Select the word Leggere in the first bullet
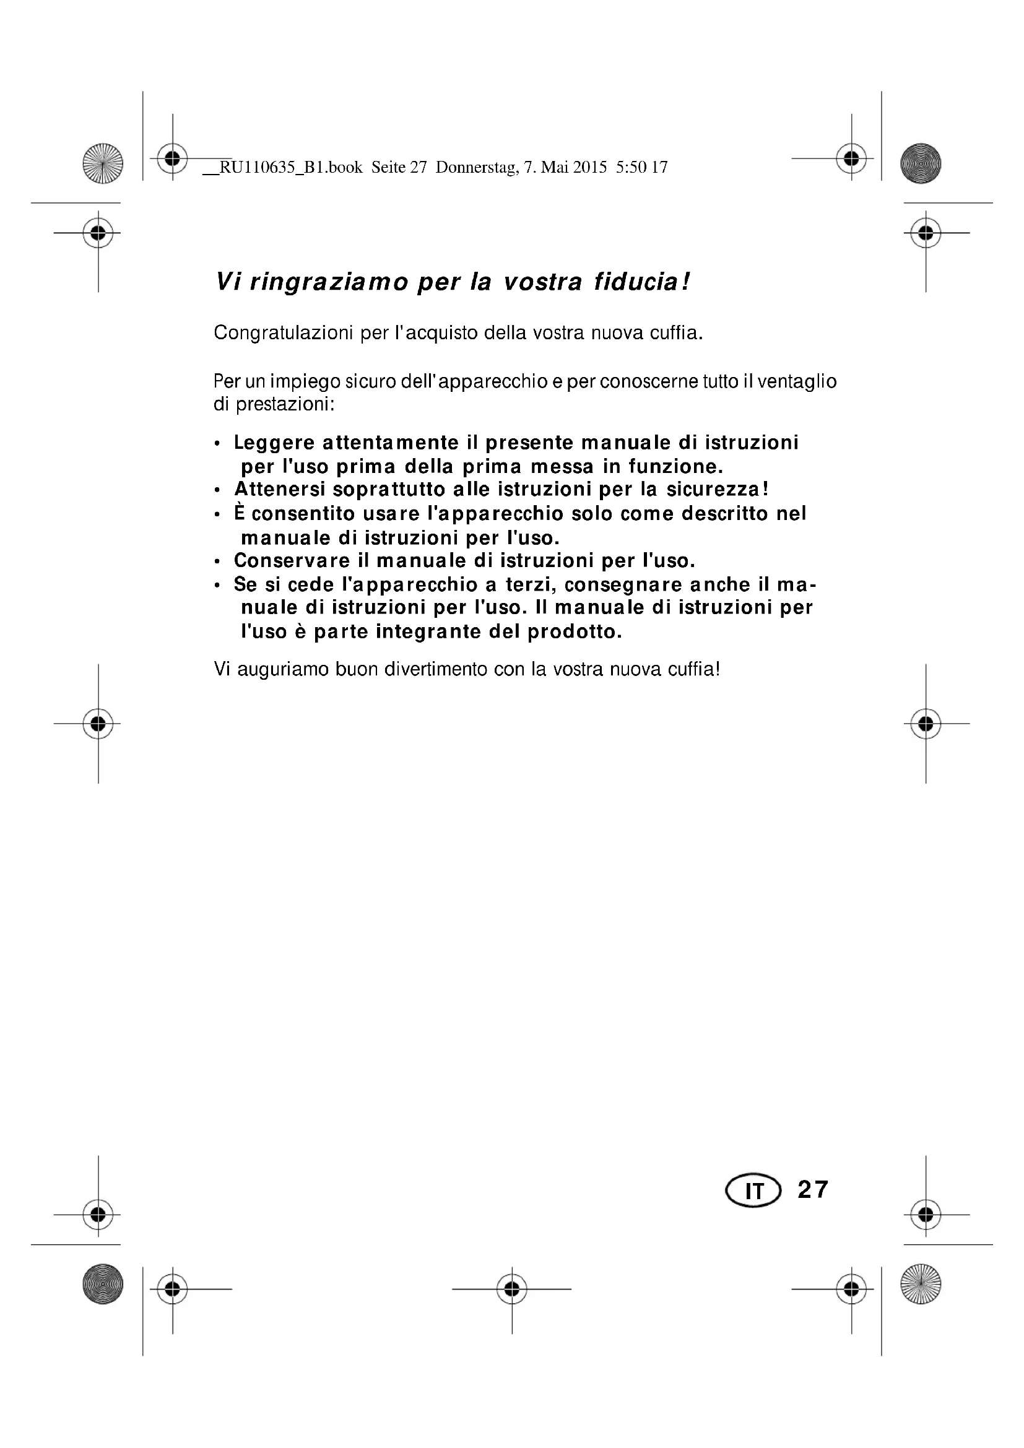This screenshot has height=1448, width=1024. pos(274,443)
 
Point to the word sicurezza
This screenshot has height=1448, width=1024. pos(717,490)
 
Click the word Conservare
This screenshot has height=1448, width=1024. pos(292,561)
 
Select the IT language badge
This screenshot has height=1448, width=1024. pos(753,1190)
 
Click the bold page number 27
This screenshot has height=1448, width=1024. pos(813,1189)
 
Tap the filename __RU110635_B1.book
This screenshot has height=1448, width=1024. pos(282,168)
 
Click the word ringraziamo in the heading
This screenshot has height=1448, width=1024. pos(329,282)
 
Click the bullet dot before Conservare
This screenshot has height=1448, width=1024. pos(217,561)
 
